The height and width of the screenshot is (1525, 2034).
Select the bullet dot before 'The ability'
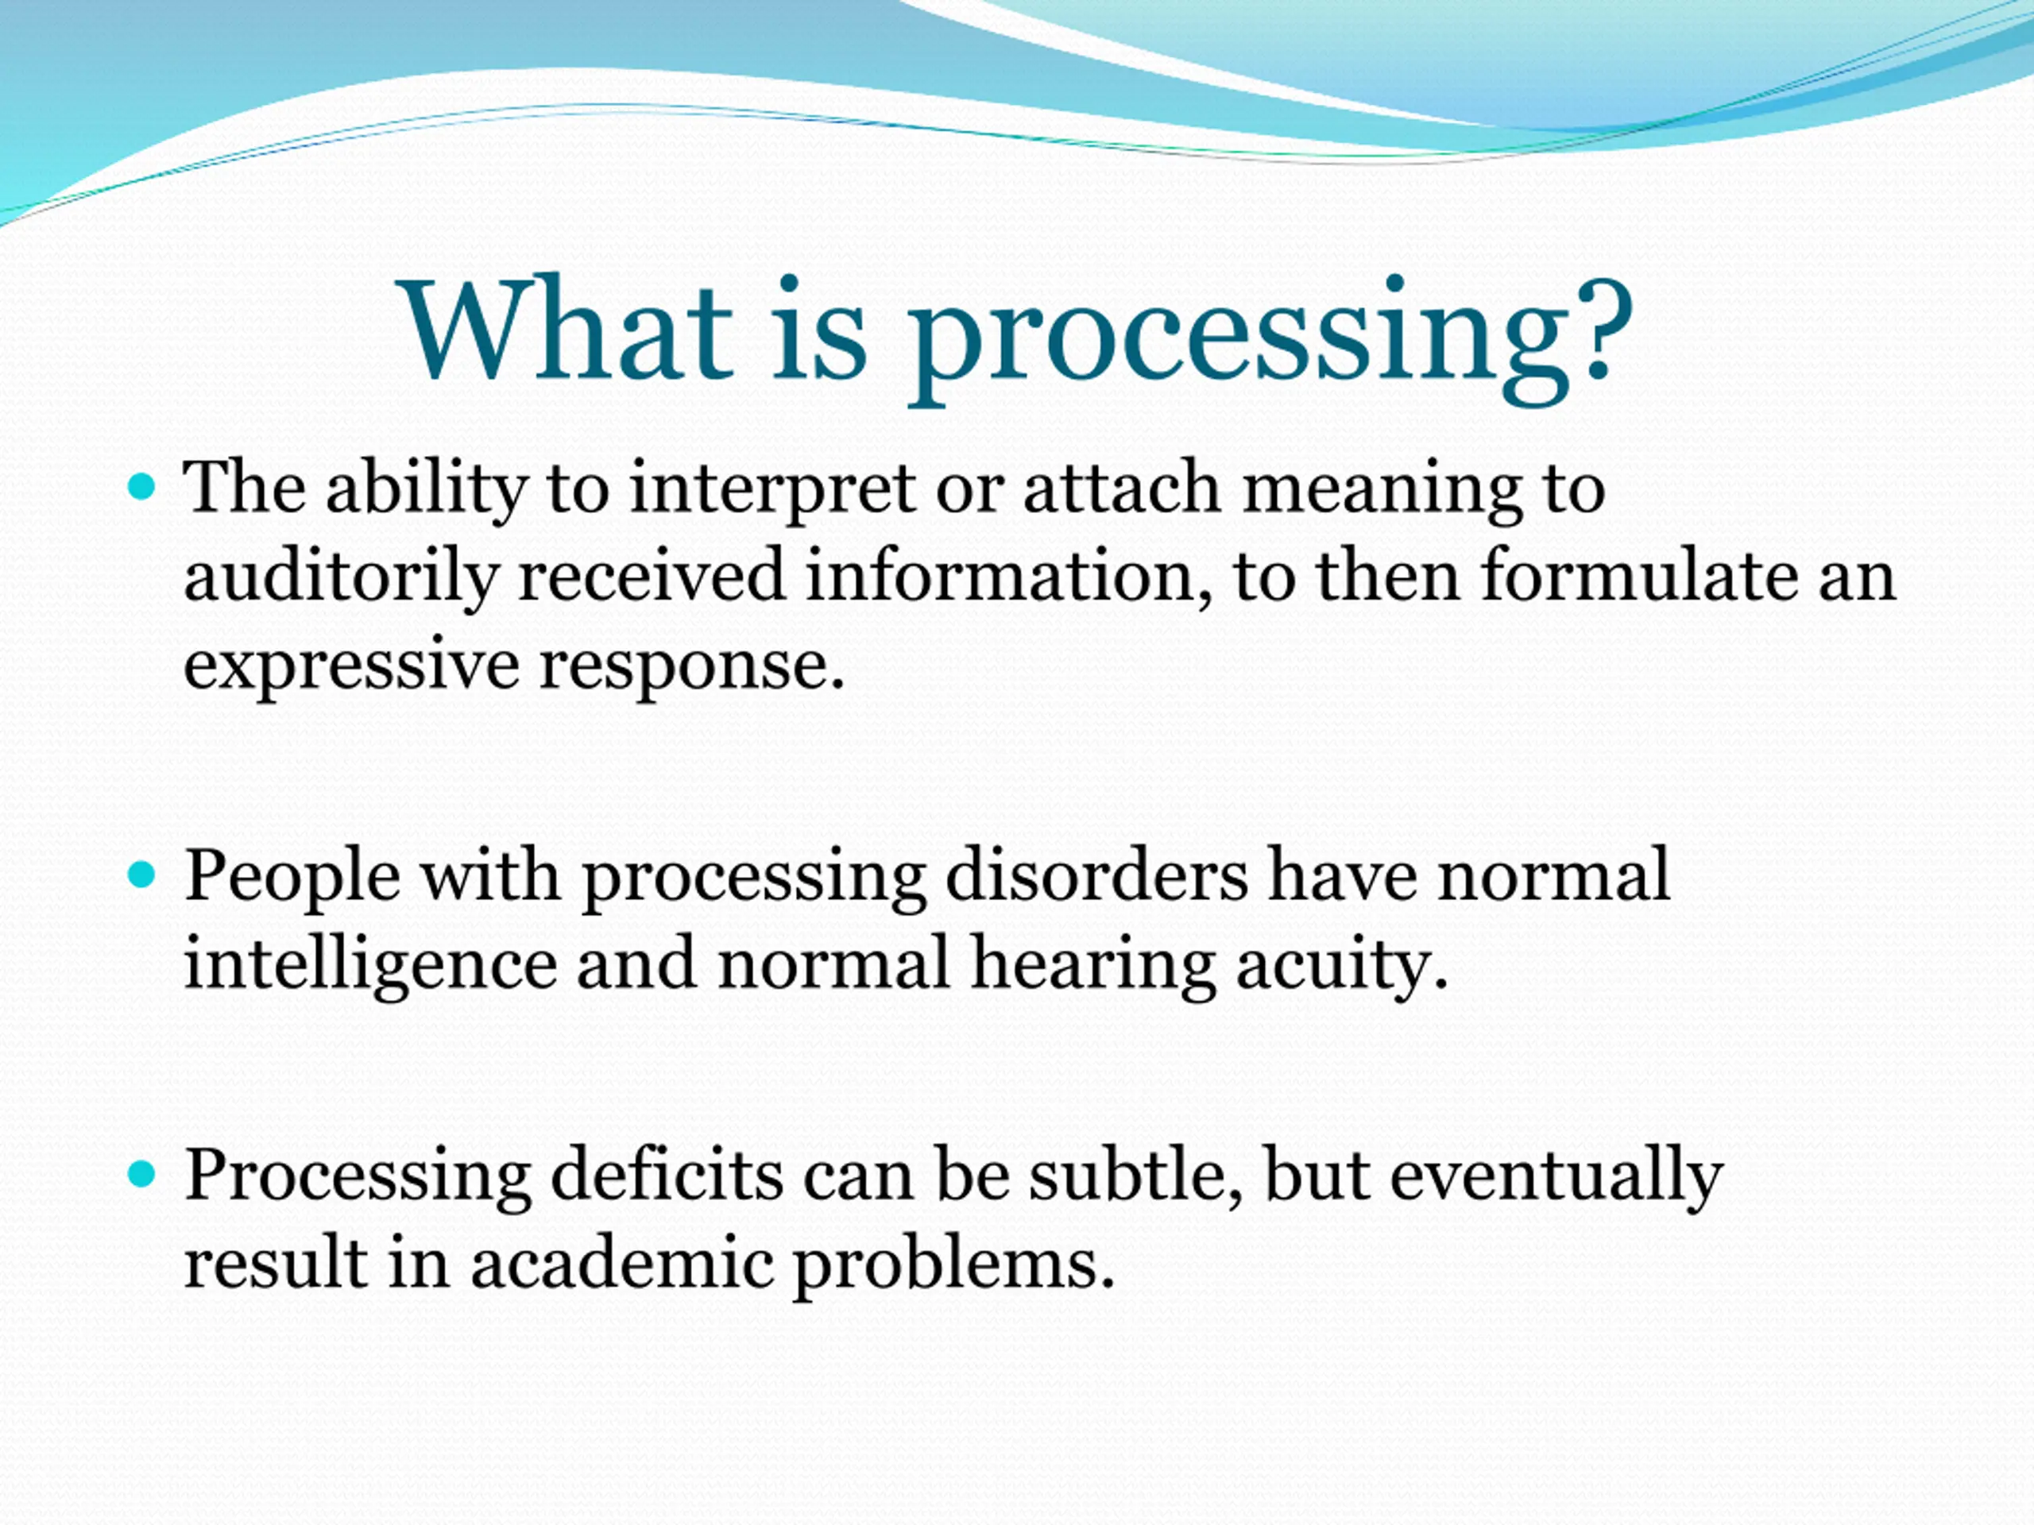[x=141, y=486]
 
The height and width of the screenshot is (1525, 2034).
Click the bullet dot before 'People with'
[x=141, y=874]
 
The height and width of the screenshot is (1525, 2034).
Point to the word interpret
[x=771, y=491]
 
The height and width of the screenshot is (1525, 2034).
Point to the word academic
[x=621, y=1263]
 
